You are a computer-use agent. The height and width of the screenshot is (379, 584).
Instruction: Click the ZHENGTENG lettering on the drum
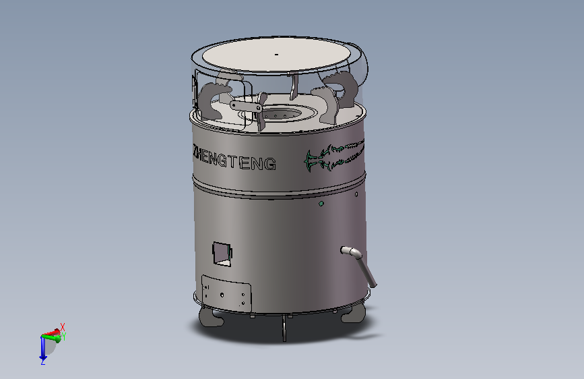tap(234, 159)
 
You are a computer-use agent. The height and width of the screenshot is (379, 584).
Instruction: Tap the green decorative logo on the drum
tap(334, 155)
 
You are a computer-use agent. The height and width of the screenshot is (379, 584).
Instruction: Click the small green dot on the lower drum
tap(321, 204)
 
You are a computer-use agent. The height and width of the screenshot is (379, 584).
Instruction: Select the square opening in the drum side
tap(222, 254)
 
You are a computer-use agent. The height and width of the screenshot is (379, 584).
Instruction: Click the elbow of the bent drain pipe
tap(355, 254)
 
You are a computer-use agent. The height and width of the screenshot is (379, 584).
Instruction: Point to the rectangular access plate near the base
tap(226, 293)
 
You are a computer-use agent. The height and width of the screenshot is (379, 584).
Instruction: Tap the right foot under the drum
tap(354, 314)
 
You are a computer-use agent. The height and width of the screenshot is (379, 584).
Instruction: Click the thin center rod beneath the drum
tap(284, 328)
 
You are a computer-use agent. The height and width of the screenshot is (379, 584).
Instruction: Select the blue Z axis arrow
tap(43, 349)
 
